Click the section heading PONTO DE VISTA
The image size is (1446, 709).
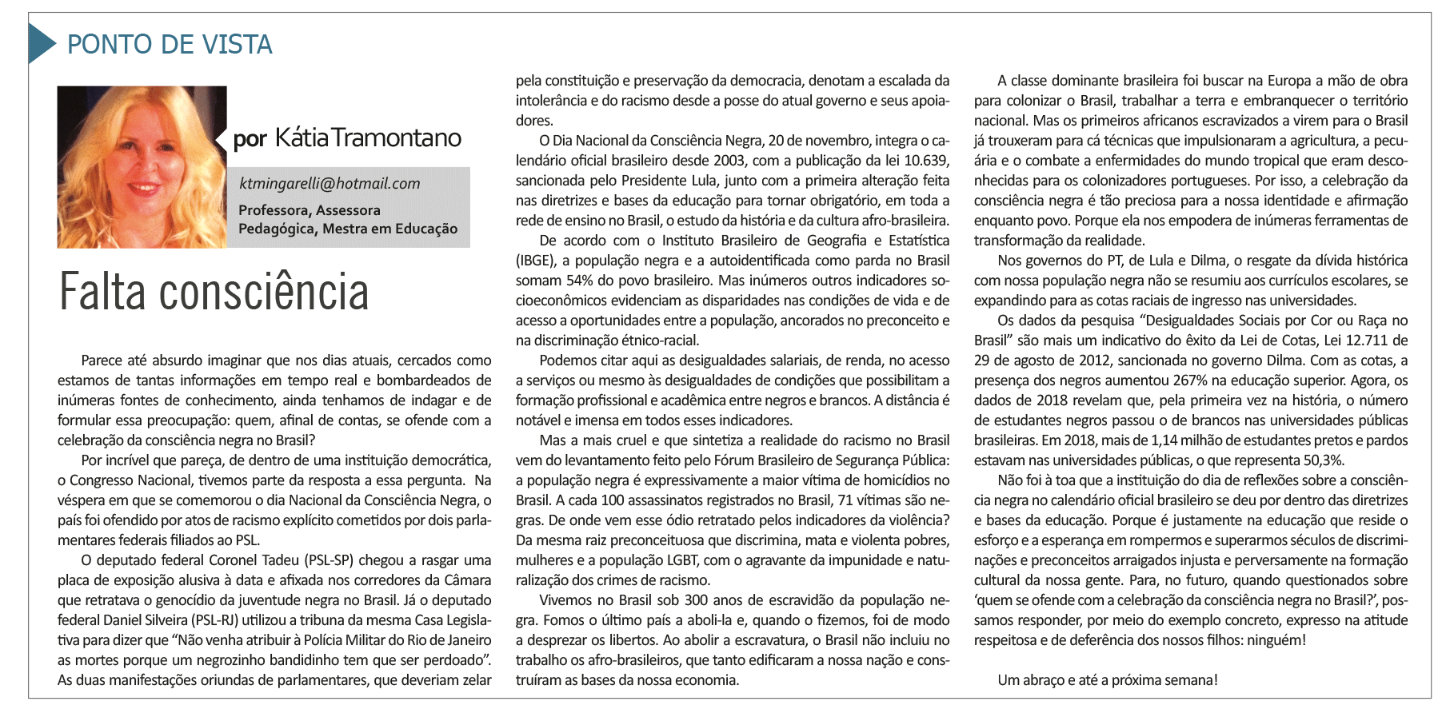[170, 45]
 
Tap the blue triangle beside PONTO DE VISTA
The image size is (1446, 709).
[41, 44]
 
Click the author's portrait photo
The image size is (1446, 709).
[142, 167]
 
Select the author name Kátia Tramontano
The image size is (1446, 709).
[368, 138]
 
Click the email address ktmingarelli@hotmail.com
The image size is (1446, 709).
[330, 184]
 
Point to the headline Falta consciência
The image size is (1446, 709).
[214, 293]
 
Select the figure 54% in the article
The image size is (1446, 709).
[580, 281]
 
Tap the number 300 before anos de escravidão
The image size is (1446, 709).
[696, 600]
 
